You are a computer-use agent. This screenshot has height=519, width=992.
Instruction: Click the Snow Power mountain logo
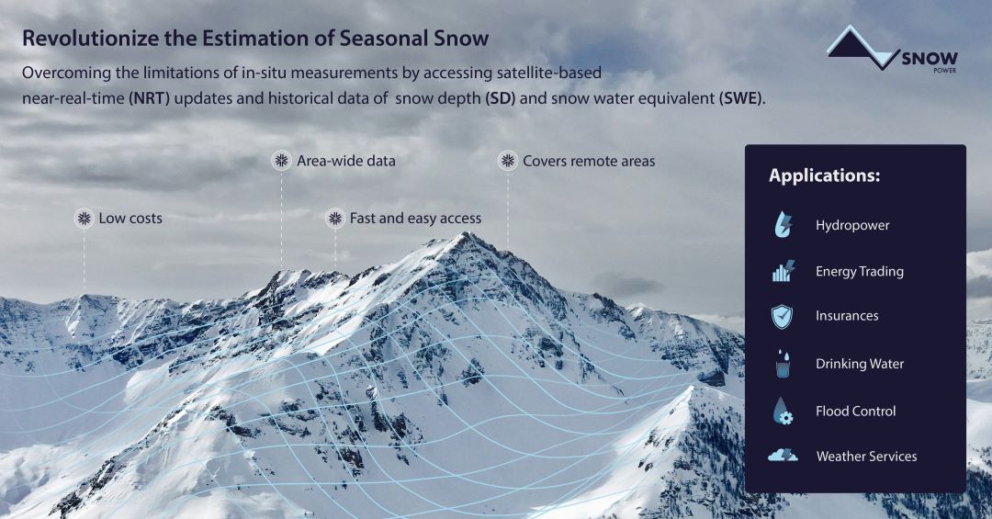[x=891, y=49]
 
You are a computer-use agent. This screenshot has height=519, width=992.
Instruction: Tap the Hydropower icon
[x=783, y=225]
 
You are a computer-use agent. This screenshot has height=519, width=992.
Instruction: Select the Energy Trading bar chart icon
[x=783, y=271]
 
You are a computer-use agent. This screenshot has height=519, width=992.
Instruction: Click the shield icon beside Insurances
[x=782, y=316]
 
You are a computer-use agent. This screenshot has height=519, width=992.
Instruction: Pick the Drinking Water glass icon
[x=783, y=364]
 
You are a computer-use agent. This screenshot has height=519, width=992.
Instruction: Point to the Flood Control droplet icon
[x=783, y=411]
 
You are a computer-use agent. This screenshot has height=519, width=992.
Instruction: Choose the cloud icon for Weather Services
[x=783, y=456]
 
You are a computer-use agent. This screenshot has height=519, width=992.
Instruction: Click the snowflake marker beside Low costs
[x=84, y=219]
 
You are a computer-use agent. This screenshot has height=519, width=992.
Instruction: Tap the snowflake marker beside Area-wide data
[x=282, y=161]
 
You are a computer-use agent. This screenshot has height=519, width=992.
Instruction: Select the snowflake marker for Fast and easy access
[x=334, y=219]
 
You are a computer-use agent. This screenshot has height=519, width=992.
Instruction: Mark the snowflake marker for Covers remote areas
[x=507, y=161]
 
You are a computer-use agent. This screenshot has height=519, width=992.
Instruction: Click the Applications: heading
[x=824, y=175]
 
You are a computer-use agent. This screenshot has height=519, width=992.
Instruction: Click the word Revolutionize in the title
[x=90, y=38]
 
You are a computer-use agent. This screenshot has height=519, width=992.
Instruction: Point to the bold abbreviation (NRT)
[x=150, y=98]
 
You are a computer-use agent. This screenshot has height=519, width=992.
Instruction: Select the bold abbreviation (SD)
[x=500, y=98]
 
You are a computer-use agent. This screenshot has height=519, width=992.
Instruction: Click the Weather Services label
[x=866, y=457]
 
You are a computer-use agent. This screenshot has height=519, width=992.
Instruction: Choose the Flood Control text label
[x=855, y=412]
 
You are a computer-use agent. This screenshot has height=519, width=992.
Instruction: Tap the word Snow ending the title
[x=461, y=38]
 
